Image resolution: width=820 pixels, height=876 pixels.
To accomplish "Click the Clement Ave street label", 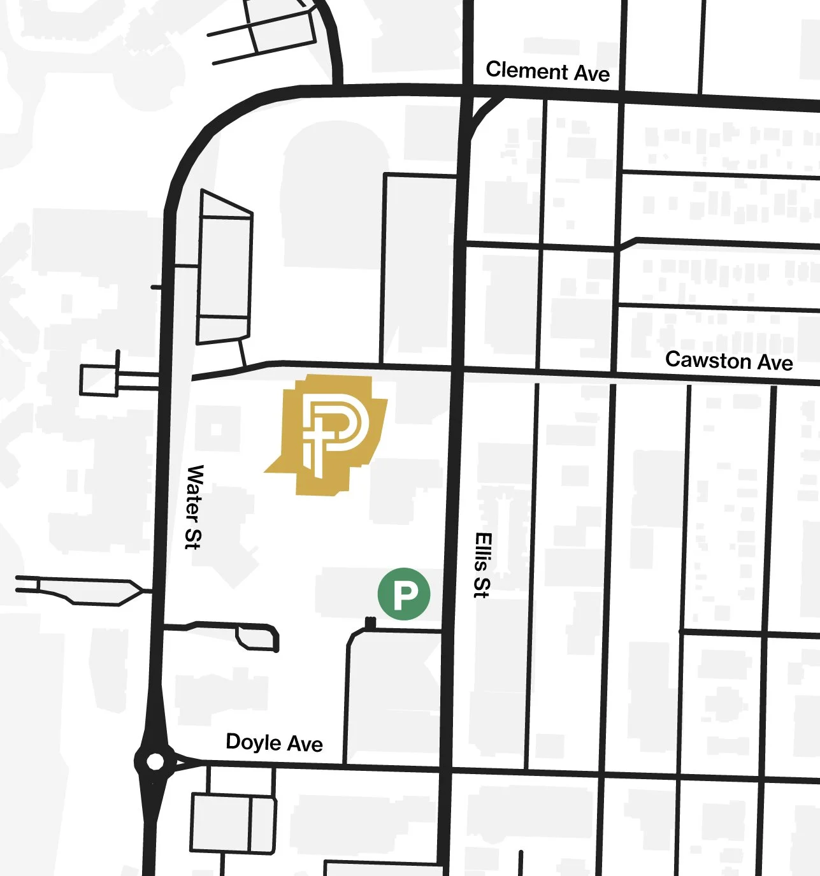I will pos(547,71).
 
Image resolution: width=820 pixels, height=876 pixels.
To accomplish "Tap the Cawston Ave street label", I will pos(729,361).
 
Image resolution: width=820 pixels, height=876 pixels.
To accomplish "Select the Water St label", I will pos(194,506).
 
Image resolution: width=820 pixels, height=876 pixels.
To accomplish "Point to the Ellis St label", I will pos(483,565).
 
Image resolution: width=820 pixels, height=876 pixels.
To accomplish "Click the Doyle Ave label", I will pos(274,743).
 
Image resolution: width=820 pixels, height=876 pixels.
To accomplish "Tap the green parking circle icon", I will pos(404,594).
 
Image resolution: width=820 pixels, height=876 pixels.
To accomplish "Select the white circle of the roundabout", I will pos(155,761).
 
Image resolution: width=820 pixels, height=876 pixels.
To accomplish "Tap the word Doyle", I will pos(252,742).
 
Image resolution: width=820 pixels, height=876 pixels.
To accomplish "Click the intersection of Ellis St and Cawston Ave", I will pos(457,369).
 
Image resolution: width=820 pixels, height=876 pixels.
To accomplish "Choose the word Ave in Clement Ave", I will pos(592,74).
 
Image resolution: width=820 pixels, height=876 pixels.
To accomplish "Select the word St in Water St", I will pos(192,536).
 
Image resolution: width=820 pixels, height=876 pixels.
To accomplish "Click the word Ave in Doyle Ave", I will pos(306,744).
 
